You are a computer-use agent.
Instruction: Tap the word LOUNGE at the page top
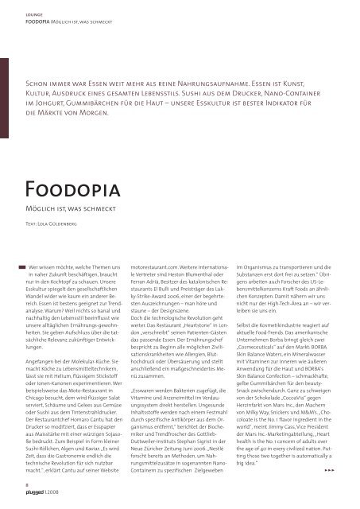pos(37,12)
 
